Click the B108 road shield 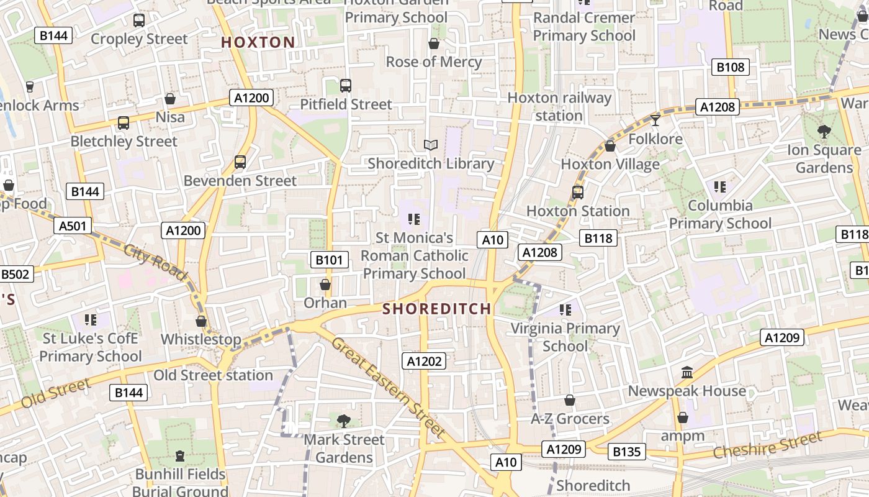tap(730, 67)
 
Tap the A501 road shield tap(73, 226)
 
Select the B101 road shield tap(329, 260)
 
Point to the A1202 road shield tap(425, 361)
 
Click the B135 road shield tap(626, 452)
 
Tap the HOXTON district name tap(258, 42)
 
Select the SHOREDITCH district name tap(437, 309)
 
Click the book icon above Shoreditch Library tap(431, 145)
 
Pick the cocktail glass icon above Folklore tap(655, 121)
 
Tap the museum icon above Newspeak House tap(687, 373)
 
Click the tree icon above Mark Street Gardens tap(344, 421)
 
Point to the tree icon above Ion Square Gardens tap(824, 131)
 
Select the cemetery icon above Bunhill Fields tap(180, 457)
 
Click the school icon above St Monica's tap(414, 219)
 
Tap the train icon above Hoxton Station tap(578, 193)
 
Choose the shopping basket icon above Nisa tap(170, 99)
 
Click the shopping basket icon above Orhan tap(325, 285)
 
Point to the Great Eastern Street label tap(389, 386)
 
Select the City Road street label tap(155, 263)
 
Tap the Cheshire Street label tap(767, 446)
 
